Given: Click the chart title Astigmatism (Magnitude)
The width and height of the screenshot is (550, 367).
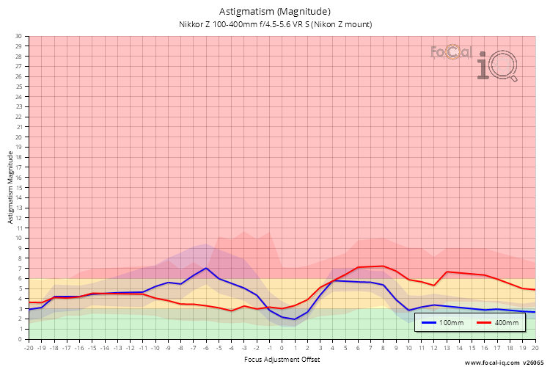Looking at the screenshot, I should pyautogui.click(x=275, y=11).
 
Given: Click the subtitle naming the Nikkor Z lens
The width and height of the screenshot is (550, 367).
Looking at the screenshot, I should pyautogui.click(x=275, y=24).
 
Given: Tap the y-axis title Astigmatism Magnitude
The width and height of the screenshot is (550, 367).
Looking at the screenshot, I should pyautogui.click(x=10, y=187).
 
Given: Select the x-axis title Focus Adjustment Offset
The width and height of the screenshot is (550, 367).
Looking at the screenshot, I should pyautogui.click(x=282, y=360).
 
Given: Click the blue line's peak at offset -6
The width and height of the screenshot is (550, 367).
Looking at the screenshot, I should pyautogui.click(x=207, y=268).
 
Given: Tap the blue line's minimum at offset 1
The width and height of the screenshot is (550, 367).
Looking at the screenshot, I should pyautogui.click(x=295, y=319).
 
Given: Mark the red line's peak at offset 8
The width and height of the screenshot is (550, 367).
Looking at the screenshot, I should pyautogui.click(x=384, y=266).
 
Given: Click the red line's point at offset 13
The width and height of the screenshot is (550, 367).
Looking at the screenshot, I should pyautogui.click(x=447, y=272).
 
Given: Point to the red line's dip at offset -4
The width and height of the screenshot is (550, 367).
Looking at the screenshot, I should pyautogui.click(x=232, y=310).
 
